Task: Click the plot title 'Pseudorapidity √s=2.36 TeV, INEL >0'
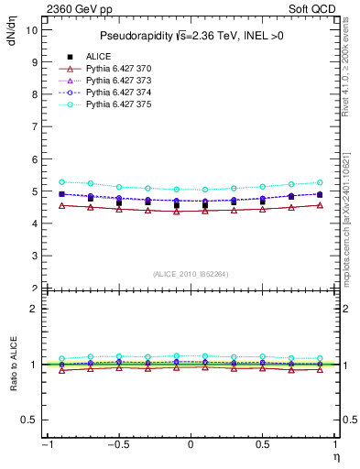[x=190, y=36]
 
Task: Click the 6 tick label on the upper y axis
[x=33, y=159]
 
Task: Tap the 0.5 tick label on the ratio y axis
[x=28, y=420]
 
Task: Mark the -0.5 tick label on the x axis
[x=116, y=446]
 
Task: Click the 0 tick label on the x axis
[x=191, y=446]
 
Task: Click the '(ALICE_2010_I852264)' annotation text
[x=190, y=273]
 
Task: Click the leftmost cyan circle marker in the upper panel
[x=62, y=182]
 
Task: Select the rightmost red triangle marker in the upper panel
[x=320, y=205]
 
